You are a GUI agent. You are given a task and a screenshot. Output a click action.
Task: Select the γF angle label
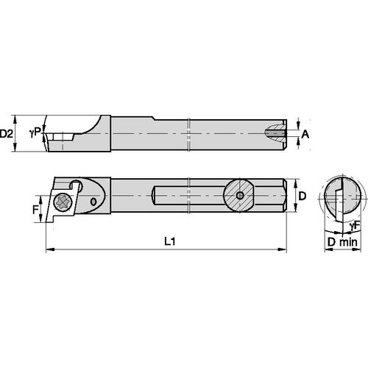click(354, 224)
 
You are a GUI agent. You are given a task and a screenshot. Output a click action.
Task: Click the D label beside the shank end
click(301, 197)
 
